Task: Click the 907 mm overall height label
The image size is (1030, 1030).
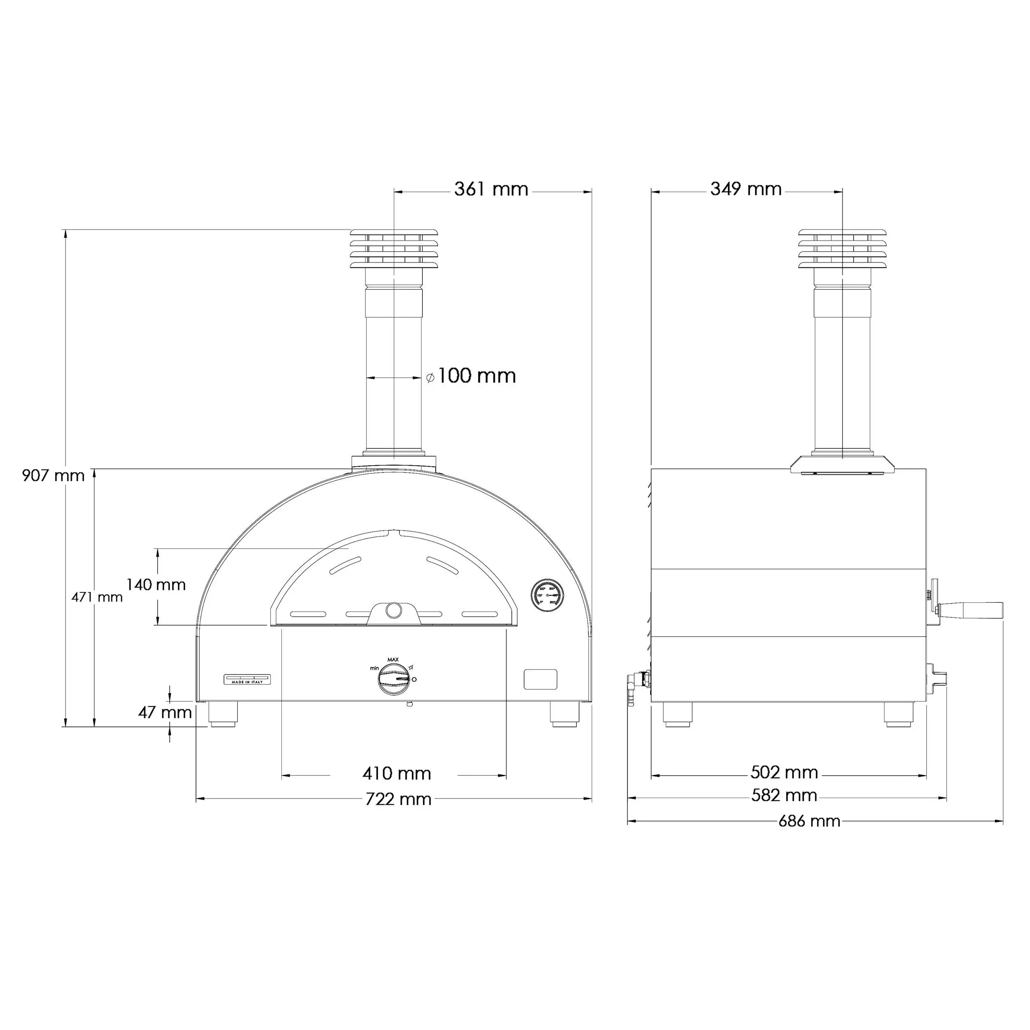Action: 53,475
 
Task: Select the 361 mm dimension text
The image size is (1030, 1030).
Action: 491,189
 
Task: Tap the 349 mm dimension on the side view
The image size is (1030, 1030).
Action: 745,189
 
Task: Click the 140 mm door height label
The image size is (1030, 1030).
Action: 156,585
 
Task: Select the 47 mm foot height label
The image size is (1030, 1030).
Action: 165,712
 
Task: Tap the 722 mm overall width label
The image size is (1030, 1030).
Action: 398,799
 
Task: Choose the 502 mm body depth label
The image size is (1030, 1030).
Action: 784,772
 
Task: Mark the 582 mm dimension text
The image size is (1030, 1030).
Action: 784,796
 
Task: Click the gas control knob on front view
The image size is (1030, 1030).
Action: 394,680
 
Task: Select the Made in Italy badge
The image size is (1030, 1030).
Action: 246,679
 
